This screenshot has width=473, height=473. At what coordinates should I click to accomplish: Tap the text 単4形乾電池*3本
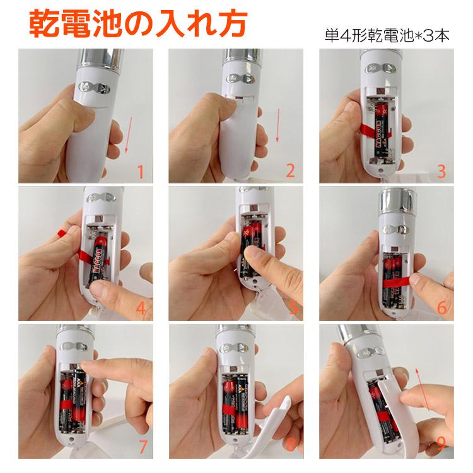pyautogui.click(x=387, y=35)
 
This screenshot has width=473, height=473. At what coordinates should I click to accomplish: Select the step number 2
pyautogui.click(x=290, y=171)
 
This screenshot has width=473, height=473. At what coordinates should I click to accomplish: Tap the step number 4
pyautogui.click(x=141, y=308)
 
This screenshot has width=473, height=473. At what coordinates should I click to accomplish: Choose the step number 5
pyautogui.click(x=291, y=308)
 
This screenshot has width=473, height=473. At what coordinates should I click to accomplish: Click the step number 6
pyautogui.click(x=441, y=308)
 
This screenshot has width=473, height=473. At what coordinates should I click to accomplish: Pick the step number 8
pyautogui.click(x=291, y=445)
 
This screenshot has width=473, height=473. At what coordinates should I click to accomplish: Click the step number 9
pyautogui.click(x=441, y=445)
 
